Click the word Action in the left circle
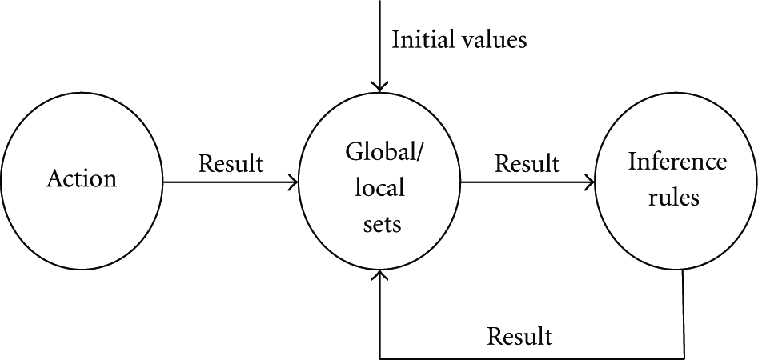point(81,178)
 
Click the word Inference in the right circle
point(677,162)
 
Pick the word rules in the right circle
point(674,197)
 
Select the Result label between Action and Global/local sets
point(231,164)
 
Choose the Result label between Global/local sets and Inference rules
point(527,164)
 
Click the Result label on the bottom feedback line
point(519,336)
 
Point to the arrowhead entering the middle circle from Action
point(294,182)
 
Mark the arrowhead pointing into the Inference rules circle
point(589,182)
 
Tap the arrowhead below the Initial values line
point(380,86)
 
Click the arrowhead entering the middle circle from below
point(380,275)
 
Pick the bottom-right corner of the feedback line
point(684,358)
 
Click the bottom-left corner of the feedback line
point(380,358)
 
